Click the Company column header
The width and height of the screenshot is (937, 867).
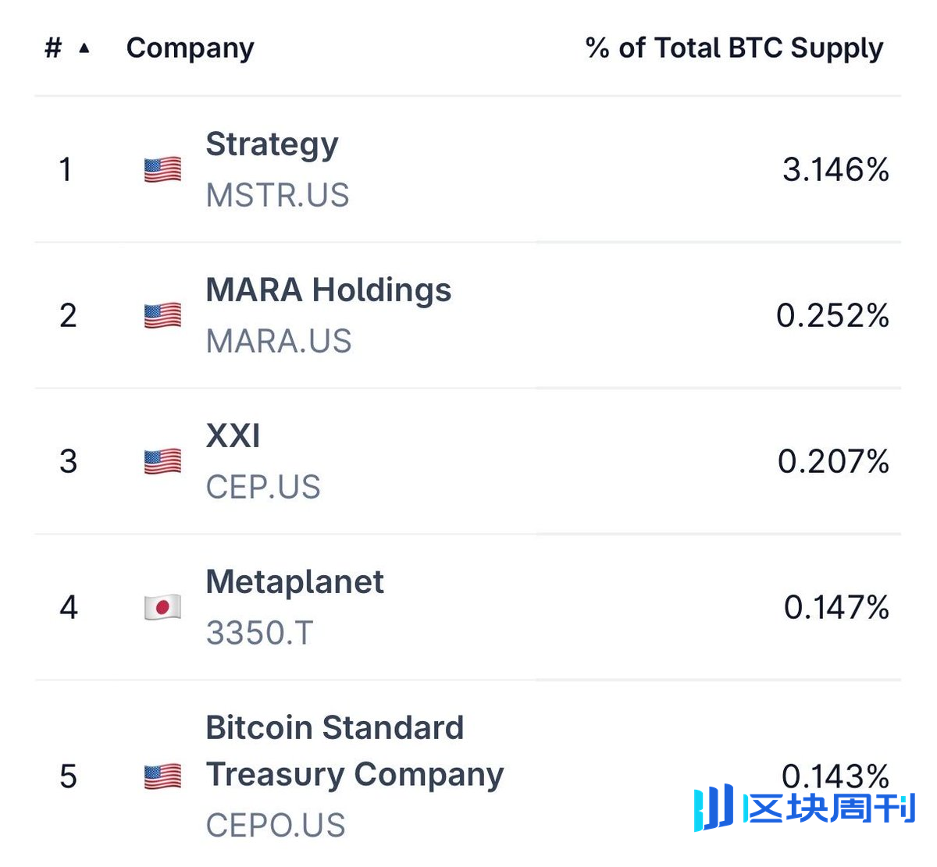(x=190, y=48)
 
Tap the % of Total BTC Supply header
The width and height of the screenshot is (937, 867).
(x=734, y=48)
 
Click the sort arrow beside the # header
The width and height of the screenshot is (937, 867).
(x=84, y=48)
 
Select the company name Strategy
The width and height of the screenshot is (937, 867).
(x=272, y=144)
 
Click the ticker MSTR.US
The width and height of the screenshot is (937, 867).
(x=277, y=195)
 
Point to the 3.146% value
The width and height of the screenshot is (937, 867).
(x=835, y=169)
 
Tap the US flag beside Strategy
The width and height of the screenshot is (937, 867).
(x=162, y=169)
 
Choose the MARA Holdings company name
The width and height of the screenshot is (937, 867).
(x=328, y=290)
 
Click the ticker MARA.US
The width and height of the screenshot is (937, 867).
(x=279, y=341)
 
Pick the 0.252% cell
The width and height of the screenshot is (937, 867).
(x=832, y=315)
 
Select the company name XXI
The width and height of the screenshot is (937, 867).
(x=233, y=435)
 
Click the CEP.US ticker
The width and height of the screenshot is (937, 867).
(x=263, y=487)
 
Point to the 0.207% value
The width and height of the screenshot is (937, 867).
(x=833, y=461)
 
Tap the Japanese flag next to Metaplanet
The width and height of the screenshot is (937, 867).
(x=162, y=607)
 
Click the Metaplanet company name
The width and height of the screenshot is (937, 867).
(x=294, y=582)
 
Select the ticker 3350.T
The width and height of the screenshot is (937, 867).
(x=259, y=633)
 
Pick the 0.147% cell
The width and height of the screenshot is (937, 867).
(x=836, y=607)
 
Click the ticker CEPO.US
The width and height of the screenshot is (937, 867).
(x=276, y=825)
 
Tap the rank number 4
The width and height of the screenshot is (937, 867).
(x=69, y=607)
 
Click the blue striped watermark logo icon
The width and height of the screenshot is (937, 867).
(x=714, y=807)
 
